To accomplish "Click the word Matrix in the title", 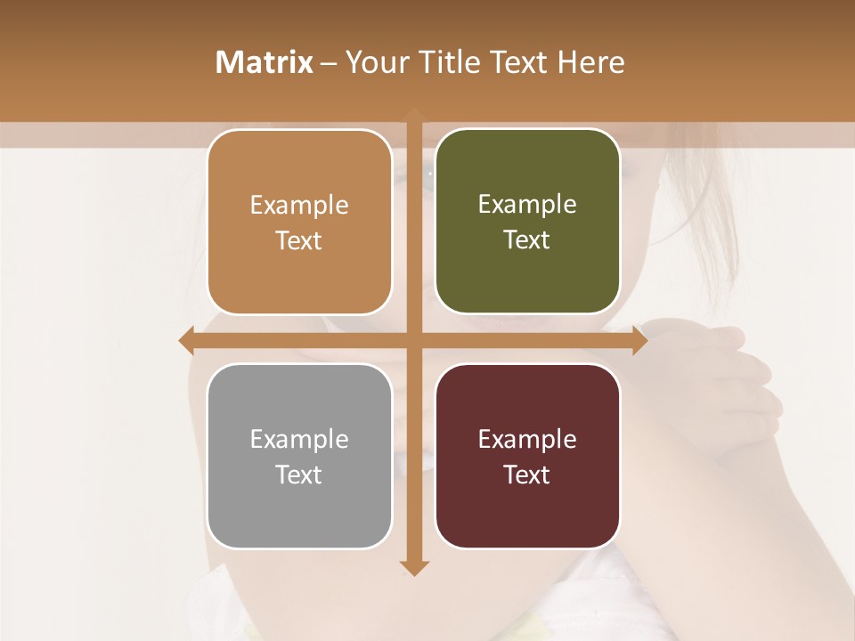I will click(265, 62).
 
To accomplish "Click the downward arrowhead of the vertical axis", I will click(414, 567).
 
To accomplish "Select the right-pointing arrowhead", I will click(639, 340).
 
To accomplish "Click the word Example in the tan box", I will click(299, 206).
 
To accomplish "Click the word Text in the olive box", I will click(527, 240).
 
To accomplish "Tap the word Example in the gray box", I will click(299, 440).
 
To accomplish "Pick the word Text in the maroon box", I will click(527, 475).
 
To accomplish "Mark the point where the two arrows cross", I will click(414, 340).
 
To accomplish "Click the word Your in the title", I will click(367, 62).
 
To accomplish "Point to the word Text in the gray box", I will click(299, 475).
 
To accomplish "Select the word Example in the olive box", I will click(527, 205).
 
